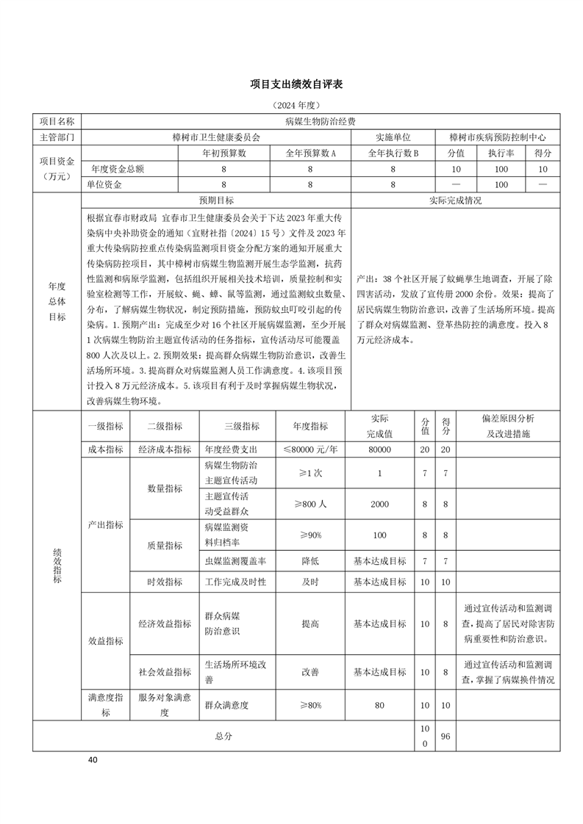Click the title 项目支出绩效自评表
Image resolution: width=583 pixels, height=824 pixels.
pos(291,84)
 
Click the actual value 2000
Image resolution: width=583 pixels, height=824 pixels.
pos(379,505)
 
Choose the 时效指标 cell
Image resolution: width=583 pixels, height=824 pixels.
pos(165,582)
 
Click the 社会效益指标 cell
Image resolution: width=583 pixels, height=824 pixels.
pos(165,671)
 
